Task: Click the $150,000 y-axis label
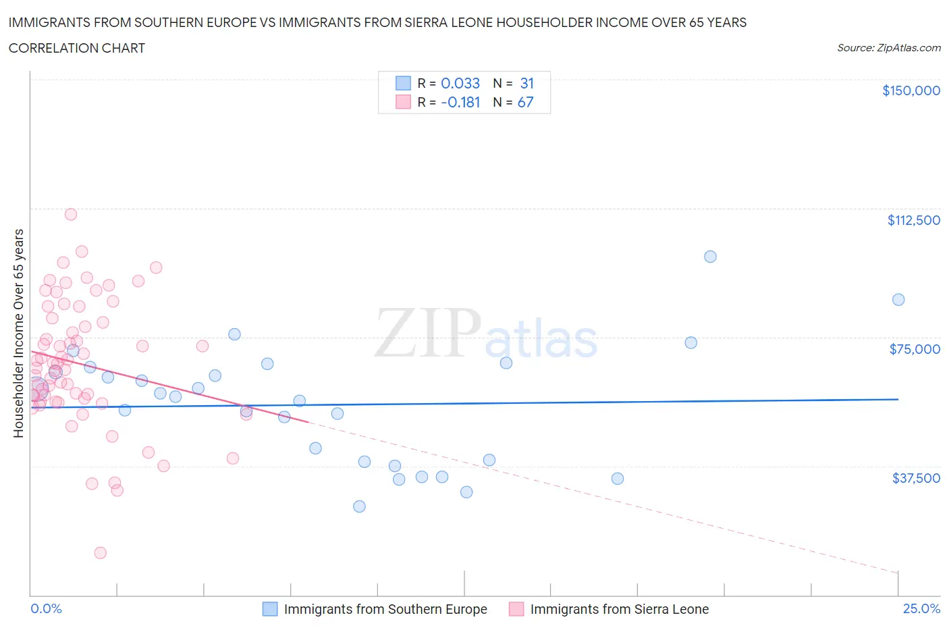911,90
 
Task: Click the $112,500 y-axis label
913,220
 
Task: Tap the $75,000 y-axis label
915,349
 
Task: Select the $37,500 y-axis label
915,478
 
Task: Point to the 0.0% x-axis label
46,608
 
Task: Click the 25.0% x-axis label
921,608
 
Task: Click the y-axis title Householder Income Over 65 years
18,333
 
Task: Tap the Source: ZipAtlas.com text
888,48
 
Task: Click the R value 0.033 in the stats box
460,83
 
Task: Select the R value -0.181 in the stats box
460,102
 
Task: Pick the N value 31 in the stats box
526,83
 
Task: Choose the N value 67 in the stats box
525,102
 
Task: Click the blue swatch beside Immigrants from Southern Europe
270,609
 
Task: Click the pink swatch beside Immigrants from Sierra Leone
516,609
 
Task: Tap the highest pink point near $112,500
71,215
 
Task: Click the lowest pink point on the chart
101,553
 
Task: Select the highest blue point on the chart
710,257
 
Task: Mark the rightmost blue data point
898,300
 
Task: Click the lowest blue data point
360,506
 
